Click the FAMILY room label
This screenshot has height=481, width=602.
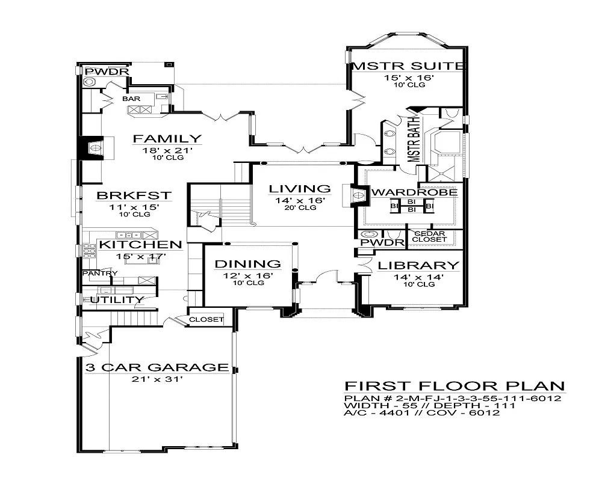(x=158, y=139)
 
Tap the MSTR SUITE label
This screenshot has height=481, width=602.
(x=409, y=66)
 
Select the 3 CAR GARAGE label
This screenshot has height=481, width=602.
(x=156, y=367)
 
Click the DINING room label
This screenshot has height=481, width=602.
(x=248, y=264)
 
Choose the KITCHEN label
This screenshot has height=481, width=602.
(x=140, y=245)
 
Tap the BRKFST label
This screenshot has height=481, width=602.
(x=134, y=195)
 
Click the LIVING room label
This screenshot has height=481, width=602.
(x=300, y=189)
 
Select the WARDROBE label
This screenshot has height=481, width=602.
(x=414, y=193)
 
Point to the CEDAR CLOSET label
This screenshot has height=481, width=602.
(x=429, y=236)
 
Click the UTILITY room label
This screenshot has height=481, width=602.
(x=117, y=299)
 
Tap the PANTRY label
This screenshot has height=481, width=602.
(x=100, y=274)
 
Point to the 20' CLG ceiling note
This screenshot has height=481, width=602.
(x=300, y=208)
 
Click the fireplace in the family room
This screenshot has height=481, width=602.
(x=93, y=147)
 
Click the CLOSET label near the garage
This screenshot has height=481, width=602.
(x=206, y=320)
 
